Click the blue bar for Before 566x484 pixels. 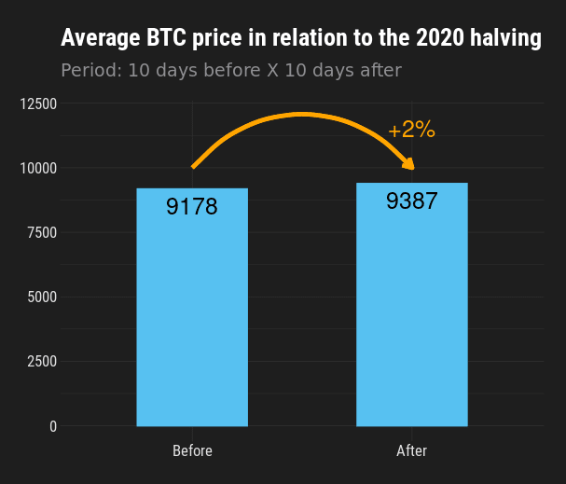coord(192,307)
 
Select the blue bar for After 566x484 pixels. coord(412,305)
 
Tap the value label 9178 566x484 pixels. coord(192,206)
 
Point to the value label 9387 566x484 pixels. coord(412,201)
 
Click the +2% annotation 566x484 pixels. coord(412,130)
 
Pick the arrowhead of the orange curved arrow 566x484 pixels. coord(409,164)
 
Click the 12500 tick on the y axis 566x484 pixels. coord(38,104)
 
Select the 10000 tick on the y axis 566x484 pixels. coord(38,168)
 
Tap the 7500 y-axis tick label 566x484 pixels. coord(42,233)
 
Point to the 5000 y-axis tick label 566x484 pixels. coord(42,297)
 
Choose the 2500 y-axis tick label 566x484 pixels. coord(42,361)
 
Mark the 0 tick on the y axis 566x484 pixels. coord(53,426)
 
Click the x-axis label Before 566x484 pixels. coord(192,450)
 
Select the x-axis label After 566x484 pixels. coord(412,450)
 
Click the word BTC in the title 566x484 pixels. coord(166,37)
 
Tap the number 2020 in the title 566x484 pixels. coord(440,37)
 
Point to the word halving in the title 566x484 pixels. coord(505,38)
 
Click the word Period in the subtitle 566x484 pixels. coord(91,70)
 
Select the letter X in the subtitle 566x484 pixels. coord(273,70)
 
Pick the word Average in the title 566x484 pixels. coord(101,38)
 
